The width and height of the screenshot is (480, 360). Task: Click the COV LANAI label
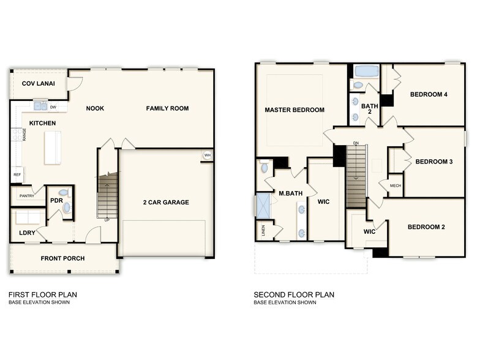[x=35, y=84]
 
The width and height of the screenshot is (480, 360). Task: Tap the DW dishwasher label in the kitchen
[x=53, y=107]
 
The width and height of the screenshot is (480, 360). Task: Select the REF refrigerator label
[x=17, y=174]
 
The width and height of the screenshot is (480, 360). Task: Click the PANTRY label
[x=26, y=196]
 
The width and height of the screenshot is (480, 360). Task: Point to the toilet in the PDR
[x=67, y=208]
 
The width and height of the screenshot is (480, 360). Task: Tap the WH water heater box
[x=207, y=155]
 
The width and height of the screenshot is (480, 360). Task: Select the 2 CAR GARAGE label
[x=166, y=203]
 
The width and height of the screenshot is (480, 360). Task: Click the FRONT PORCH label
[x=62, y=258]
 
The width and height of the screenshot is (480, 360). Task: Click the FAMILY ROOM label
[x=167, y=108]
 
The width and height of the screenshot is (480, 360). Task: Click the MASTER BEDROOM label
[x=294, y=110]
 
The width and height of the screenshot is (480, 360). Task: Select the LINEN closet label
[x=263, y=231]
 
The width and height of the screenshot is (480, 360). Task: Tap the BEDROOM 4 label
[x=429, y=94]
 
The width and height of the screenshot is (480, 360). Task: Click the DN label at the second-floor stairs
[x=356, y=144]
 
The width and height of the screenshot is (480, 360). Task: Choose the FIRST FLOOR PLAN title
[x=43, y=294]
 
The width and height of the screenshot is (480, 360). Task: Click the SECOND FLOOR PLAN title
[x=294, y=294]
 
